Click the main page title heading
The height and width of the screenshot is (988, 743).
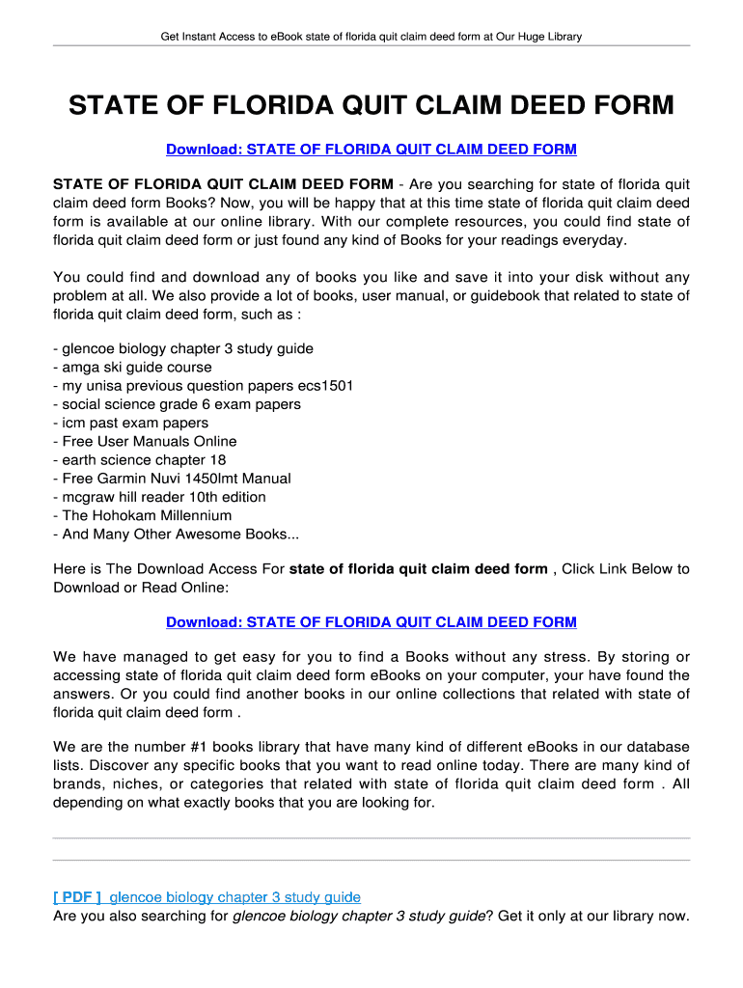tap(371, 105)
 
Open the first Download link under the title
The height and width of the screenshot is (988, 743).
tap(371, 150)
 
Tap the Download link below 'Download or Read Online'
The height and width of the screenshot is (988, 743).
tap(371, 622)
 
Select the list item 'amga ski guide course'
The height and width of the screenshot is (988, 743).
tap(132, 368)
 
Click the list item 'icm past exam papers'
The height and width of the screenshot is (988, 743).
tap(130, 423)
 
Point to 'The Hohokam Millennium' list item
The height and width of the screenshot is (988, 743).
tap(142, 515)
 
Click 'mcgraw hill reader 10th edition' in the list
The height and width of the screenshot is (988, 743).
tap(159, 497)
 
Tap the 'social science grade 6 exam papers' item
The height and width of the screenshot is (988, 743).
tap(177, 404)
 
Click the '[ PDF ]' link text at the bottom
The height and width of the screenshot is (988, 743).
tap(77, 897)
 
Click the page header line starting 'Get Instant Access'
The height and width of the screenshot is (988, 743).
tap(371, 38)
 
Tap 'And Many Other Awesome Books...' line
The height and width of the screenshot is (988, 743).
tap(176, 534)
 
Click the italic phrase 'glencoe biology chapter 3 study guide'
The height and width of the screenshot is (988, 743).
tap(359, 917)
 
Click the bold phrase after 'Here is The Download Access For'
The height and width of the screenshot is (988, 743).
tap(419, 569)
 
